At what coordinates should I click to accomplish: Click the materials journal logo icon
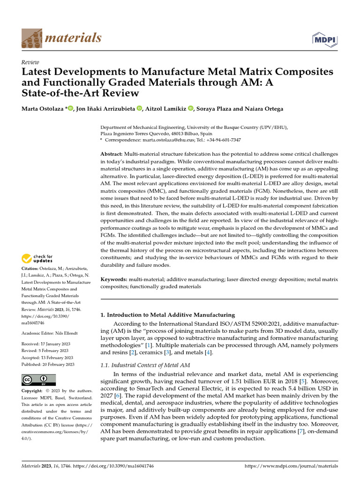point(31,37)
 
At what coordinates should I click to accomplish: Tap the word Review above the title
point(30,62)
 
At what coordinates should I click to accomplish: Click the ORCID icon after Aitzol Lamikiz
point(191,109)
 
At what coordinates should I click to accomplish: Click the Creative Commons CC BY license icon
point(38,379)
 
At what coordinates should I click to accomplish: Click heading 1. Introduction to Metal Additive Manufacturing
point(168,315)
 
